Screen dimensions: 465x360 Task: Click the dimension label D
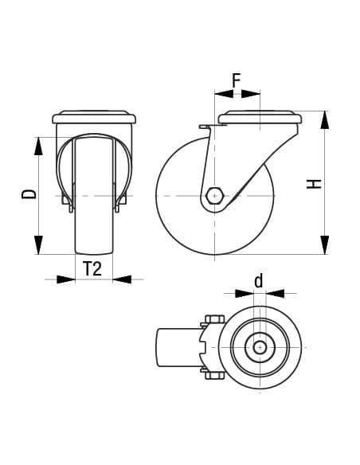point(29,195)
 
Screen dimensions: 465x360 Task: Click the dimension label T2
point(92,269)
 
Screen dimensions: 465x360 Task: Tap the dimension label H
point(315,184)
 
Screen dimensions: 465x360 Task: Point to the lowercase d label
point(258,280)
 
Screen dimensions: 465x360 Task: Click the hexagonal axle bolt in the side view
point(214,194)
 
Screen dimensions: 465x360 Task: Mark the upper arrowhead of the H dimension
point(325,120)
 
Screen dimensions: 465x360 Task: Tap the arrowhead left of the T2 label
point(66,279)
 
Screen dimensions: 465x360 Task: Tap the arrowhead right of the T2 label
point(122,279)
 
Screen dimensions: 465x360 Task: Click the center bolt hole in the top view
point(260,346)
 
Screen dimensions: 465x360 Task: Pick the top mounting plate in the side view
point(260,117)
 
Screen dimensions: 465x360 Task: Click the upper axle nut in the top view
point(213,321)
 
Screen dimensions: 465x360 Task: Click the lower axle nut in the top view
point(213,372)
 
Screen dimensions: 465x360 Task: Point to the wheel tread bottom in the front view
point(93,252)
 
